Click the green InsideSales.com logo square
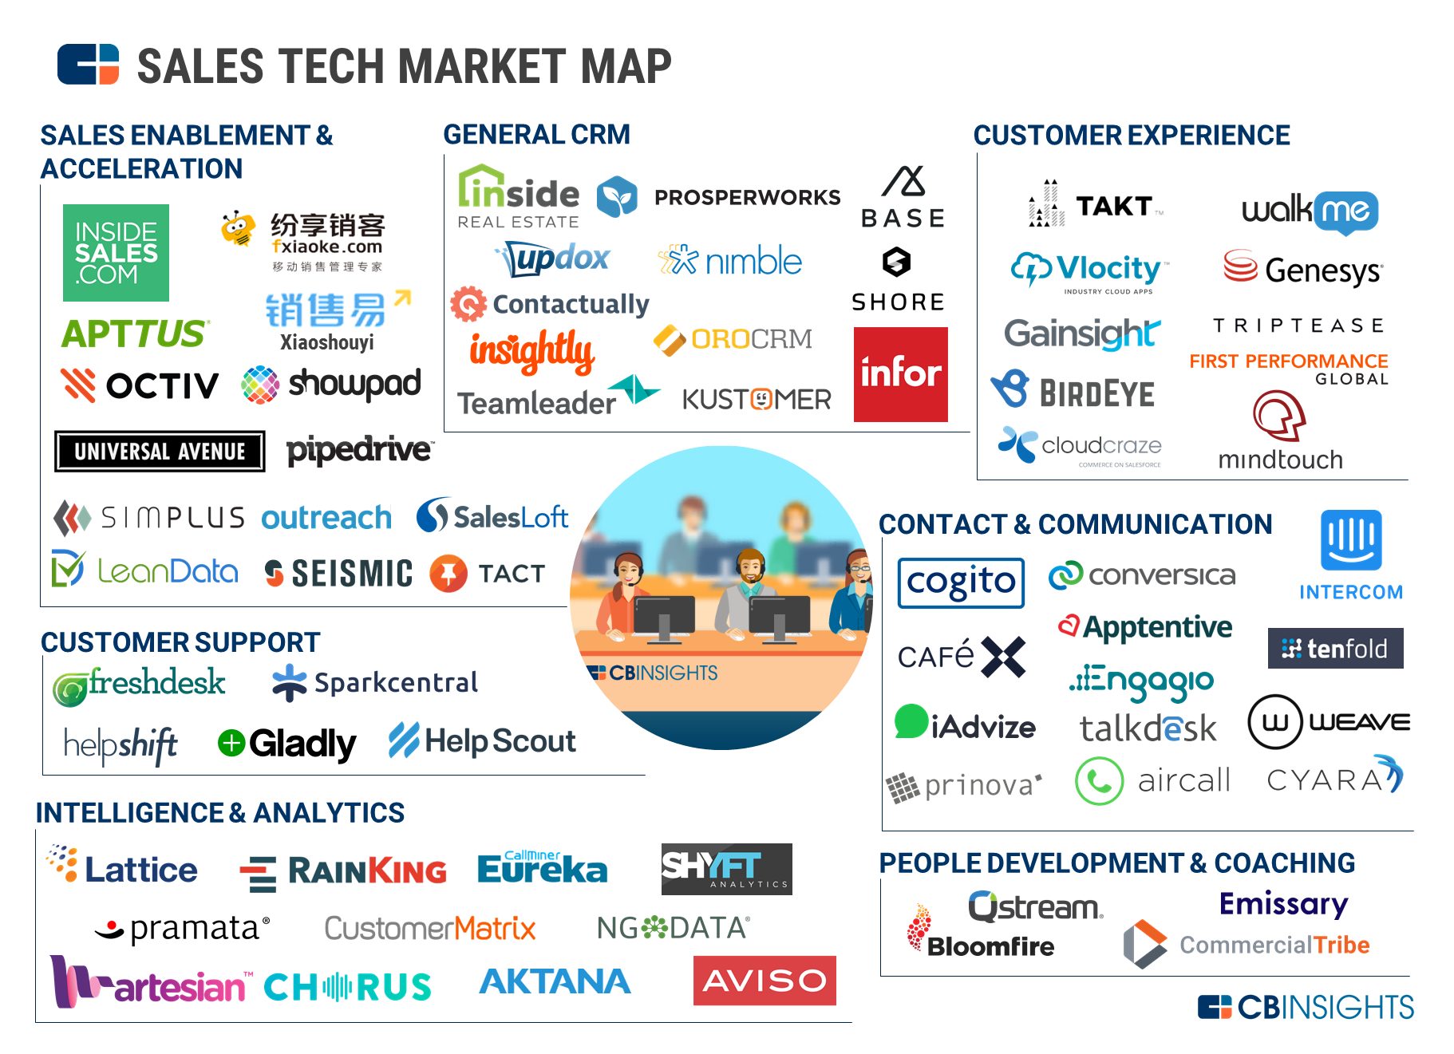116,253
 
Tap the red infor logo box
900,373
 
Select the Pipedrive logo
360,450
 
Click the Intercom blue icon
1350,540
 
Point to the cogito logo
961,582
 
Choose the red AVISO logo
764,980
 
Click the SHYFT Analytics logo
726,869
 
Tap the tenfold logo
1335,649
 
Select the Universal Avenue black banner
160,452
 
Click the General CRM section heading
536,134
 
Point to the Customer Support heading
180,642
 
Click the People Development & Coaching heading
1116,863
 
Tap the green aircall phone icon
1099,781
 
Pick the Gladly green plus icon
231,743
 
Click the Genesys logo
1302,270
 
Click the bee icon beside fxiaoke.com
238,229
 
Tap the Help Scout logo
482,741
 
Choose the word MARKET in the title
433,66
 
